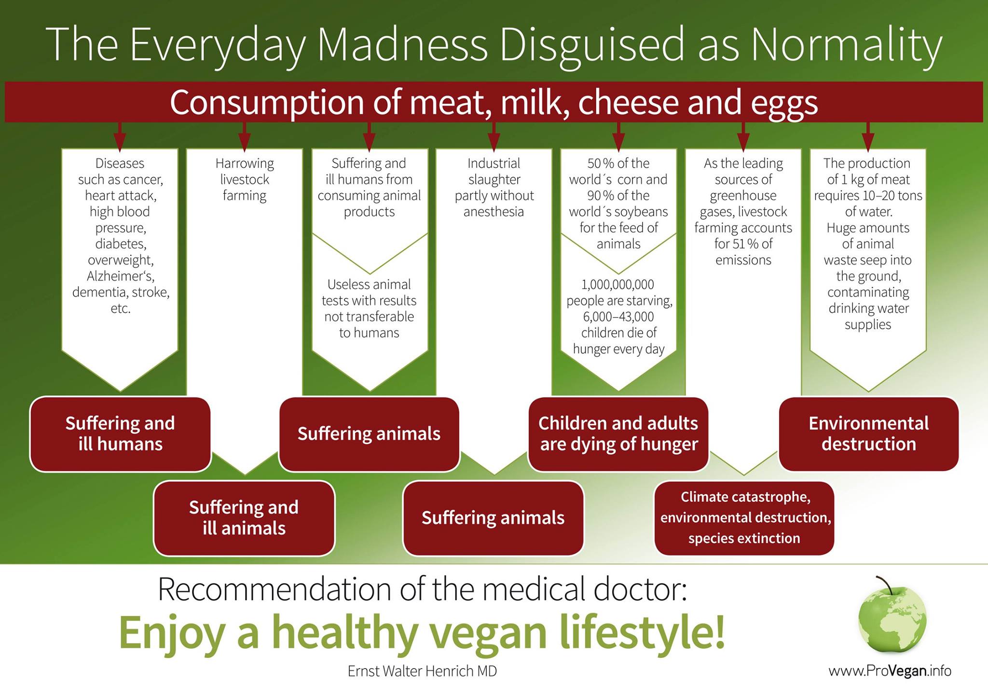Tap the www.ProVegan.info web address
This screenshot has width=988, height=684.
[890, 670]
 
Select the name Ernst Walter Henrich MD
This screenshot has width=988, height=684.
[422, 671]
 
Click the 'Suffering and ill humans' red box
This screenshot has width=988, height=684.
[121, 433]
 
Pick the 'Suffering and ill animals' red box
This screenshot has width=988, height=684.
[244, 518]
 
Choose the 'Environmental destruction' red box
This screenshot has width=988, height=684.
[869, 433]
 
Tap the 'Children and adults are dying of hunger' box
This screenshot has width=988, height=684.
[618, 433]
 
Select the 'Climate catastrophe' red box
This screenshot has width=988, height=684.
[744, 518]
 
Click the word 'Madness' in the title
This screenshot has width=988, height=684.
[402, 44]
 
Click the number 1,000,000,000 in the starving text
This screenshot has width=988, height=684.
[618, 284]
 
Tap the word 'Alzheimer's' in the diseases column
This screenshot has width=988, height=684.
[121, 276]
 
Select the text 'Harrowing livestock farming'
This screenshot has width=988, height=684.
[245, 180]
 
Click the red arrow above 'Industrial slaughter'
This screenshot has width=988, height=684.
[494, 137]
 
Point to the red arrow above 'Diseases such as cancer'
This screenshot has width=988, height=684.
[120, 137]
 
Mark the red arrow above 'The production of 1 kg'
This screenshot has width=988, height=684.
[868, 137]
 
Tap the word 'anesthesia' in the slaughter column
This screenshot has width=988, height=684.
[494, 211]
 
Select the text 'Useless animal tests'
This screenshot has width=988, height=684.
[369, 293]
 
